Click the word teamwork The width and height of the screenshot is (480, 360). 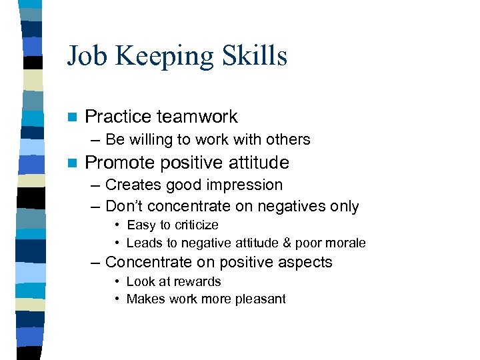197,117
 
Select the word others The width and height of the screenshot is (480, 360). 289,140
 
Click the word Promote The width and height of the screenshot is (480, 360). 119,163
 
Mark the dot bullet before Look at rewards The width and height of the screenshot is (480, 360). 117,282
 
